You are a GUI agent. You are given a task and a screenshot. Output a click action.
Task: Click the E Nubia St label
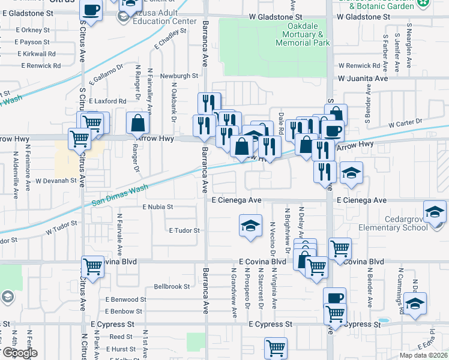pos(157,206)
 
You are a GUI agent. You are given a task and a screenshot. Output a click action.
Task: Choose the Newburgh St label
pos(179,76)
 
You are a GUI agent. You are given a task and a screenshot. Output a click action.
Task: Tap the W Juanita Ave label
pos(363,79)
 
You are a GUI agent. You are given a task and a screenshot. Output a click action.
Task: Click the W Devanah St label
pos(56,180)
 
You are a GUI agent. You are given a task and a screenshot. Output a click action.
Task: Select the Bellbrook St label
pos(172,287)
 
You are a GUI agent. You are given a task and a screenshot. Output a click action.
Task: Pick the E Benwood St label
pos(125,299)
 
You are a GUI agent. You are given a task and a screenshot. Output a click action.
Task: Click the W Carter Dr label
pos(406,124)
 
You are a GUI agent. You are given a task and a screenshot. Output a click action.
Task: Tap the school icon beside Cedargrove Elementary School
pos(435,211)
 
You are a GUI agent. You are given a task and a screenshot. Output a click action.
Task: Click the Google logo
pos(19,353)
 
